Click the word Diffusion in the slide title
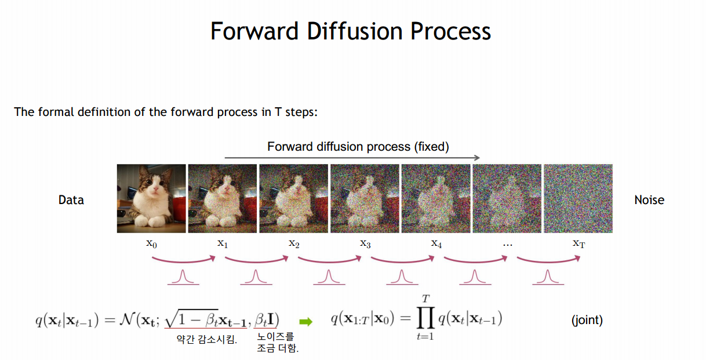(x=355, y=31)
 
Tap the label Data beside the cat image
(x=71, y=200)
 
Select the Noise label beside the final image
(x=649, y=200)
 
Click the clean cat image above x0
(x=151, y=199)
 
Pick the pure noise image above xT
(x=578, y=199)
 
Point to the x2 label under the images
(x=294, y=243)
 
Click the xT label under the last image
(x=579, y=243)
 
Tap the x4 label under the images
(x=436, y=243)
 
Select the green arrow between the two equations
(x=305, y=322)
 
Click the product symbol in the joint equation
(x=425, y=318)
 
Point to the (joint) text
(x=587, y=320)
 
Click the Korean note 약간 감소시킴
(x=206, y=340)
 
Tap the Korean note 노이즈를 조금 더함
(x=277, y=343)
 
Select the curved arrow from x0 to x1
(x=183, y=261)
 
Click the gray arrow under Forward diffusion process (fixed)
(x=352, y=158)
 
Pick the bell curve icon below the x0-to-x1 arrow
(x=183, y=278)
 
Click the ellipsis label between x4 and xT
(x=508, y=245)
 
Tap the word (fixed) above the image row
(x=431, y=147)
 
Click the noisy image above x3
(x=365, y=199)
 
